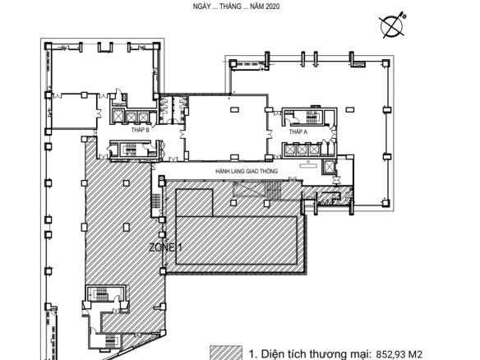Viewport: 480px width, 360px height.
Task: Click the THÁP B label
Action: [x=141, y=130]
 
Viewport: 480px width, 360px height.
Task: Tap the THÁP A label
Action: [x=298, y=132]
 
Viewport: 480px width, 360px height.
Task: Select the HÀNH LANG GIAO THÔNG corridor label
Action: [x=247, y=171]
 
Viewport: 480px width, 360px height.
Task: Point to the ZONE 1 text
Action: [x=165, y=247]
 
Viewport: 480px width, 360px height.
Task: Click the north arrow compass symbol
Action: [x=392, y=25]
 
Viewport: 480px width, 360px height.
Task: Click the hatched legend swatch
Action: [x=225, y=353]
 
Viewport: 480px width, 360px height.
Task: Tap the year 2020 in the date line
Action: [x=272, y=7]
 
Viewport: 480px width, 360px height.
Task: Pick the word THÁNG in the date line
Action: [x=230, y=7]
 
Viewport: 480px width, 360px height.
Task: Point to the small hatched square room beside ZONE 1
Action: [x=194, y=203]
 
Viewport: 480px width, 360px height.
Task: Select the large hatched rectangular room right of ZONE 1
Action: [x=237, y=241]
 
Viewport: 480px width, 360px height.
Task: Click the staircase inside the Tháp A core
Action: [x=312, y=117]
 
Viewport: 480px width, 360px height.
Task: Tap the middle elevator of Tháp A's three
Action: [x=302, y=150]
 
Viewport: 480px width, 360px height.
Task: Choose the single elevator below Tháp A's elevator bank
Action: [x=329, y=167]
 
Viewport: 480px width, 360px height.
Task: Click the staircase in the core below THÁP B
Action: [x=131, y=149]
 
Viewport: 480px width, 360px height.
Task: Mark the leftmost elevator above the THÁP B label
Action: [x=118, y=116]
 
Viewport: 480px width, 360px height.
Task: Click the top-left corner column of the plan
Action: [x=48, y=46]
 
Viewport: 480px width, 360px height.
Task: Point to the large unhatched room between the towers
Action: [x=225, y=128]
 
